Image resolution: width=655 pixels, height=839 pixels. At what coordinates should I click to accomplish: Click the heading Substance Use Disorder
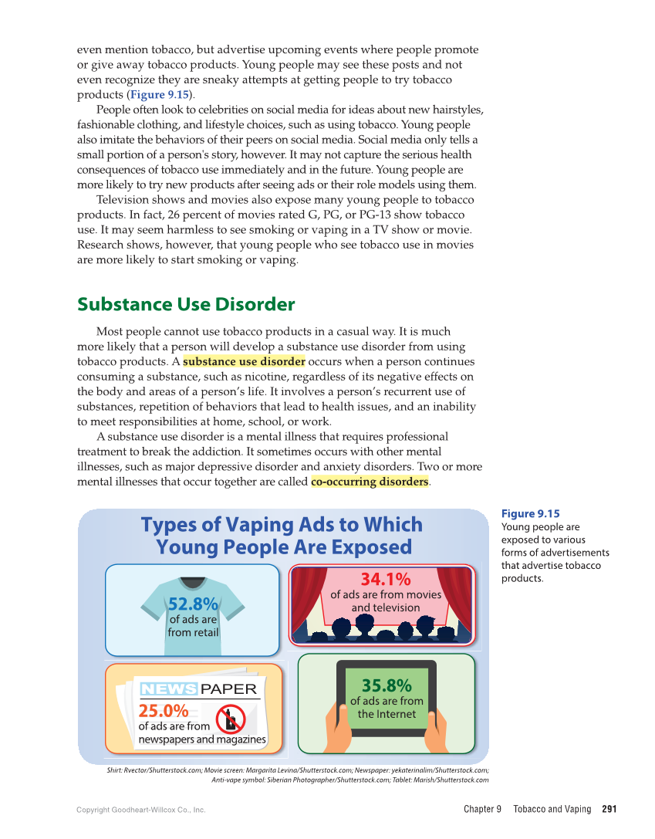(186, 304)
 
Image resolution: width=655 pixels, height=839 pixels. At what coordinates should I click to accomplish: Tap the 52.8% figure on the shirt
(193, 603)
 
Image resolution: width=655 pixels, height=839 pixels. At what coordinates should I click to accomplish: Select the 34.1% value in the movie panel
(385, 578)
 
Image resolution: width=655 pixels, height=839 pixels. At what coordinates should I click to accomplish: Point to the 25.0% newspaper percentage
(163, 711)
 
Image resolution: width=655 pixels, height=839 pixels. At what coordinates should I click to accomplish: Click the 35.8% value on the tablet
(387, 685)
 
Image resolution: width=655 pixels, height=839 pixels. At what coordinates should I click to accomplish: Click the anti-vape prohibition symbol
(230, 719)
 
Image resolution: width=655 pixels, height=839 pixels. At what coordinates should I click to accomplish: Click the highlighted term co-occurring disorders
(370, 482)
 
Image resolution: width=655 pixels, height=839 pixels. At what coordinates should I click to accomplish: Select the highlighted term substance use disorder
(244, 362)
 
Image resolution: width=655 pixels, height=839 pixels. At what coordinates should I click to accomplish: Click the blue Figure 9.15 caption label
(530, 514)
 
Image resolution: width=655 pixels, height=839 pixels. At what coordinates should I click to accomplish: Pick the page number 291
(609, 810)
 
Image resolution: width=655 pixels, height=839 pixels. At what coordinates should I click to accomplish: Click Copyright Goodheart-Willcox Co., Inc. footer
(140, 810)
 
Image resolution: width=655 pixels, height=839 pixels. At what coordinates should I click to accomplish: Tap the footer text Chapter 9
(482, 810)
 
